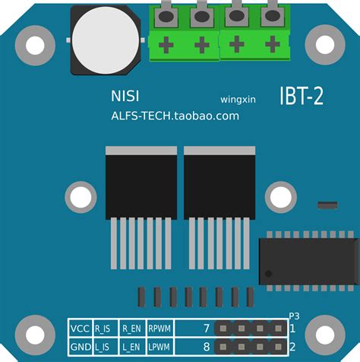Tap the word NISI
125,97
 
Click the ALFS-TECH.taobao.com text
175,116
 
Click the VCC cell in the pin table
80,329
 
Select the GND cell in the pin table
80,347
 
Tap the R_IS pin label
103,329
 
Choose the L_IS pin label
103,347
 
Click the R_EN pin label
131,329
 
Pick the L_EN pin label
131,347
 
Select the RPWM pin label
159,329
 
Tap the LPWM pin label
159,347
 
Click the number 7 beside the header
206,329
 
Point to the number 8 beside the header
206,347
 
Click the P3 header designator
295,316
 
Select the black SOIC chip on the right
308,260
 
